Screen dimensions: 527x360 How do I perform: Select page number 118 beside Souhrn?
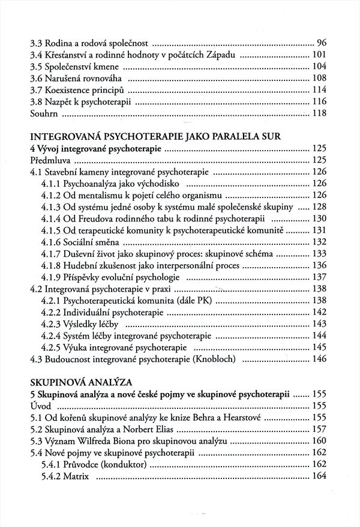[318, 112]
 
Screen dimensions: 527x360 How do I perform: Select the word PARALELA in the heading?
[225, 136]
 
